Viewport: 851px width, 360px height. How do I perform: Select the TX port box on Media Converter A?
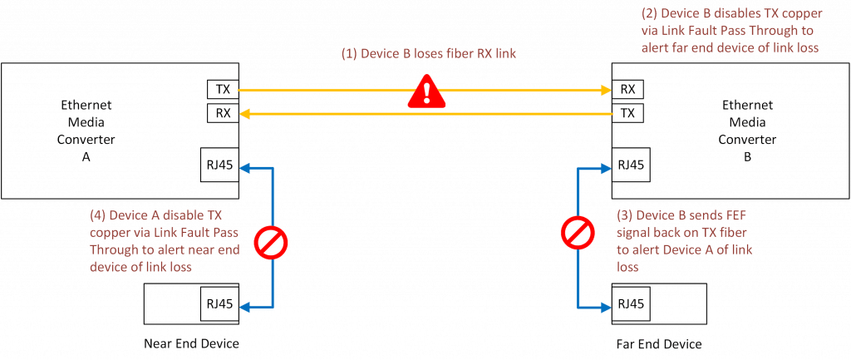(222, 89)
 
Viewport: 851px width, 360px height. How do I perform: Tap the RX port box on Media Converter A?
(222, 113)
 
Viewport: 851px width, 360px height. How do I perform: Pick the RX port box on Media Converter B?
(628, 89)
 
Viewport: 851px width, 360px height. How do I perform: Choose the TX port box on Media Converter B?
(628, 112)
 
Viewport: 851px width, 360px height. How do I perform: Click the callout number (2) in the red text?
(650, 14)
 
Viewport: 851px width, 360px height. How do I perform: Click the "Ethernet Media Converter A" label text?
(86, 125)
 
